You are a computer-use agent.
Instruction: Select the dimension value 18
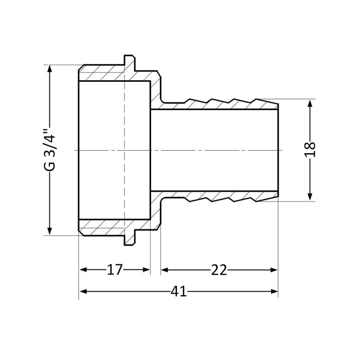tap(310, 150)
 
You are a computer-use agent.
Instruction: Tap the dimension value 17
tap(114, 270)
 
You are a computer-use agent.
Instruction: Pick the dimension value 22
tap(219, 270)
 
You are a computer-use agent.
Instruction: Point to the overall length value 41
tap(178, 292)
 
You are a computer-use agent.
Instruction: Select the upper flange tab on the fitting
tap(130, 62)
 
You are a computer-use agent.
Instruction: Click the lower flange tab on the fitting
tap(130, 238)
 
